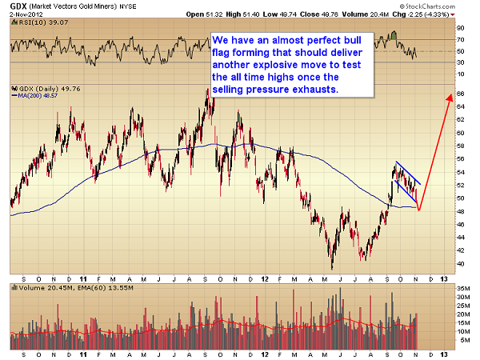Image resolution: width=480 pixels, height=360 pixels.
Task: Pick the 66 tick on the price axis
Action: coord(461,94)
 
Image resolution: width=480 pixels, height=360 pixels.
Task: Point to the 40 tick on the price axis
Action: coord(461,262)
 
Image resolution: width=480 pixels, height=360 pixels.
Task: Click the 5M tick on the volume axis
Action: coord(462,338)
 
